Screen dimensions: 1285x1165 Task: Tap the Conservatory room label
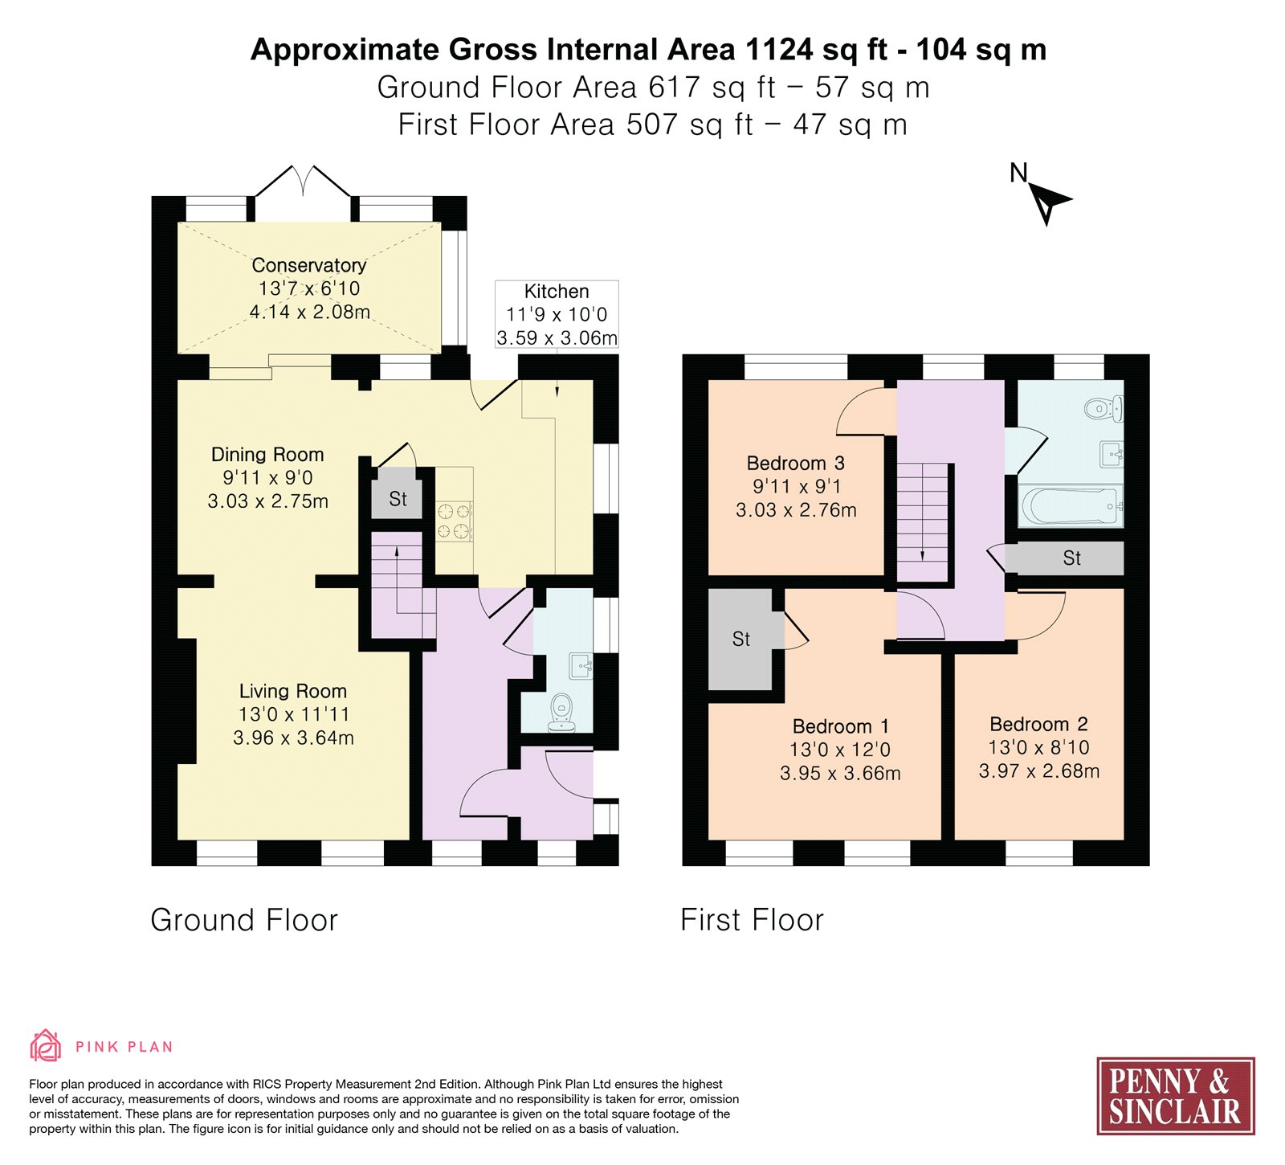click(309, 265)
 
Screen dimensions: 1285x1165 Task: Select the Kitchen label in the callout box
click(557, 292)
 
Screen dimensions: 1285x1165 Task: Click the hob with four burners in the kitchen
click(454, 521)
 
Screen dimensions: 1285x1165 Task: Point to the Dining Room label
click(267, 455)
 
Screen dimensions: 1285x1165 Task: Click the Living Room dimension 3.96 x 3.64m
click(293, 738)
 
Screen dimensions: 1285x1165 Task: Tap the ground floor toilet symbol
click(561, 712)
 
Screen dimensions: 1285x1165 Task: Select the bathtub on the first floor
click(1071, 506)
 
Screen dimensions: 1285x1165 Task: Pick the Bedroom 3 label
click(795, 464)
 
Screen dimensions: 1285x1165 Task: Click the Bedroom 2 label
click(1038, 724)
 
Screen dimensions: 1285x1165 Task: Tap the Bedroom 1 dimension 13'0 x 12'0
click(840, 750)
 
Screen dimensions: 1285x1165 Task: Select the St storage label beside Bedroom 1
click(741, 640)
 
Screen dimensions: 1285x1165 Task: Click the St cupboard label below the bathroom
click(1071, 558)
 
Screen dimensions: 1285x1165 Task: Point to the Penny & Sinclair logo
click(1176, 1096)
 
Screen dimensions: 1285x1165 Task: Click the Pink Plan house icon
click(45, 1046)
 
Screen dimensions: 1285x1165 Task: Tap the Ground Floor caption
click(244, 920)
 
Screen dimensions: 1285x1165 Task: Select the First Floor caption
click(752, 920)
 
